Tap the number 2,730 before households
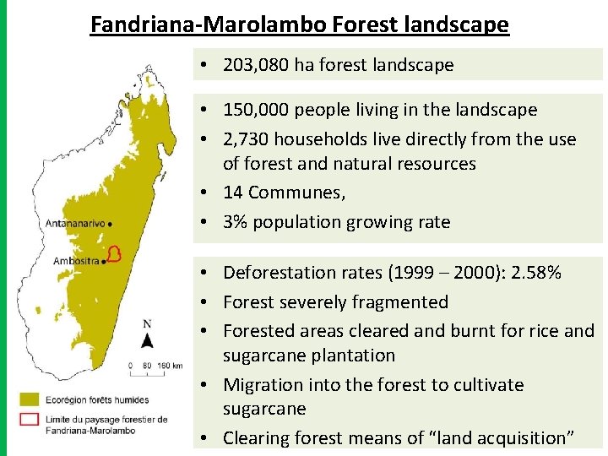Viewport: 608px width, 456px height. point(248,138)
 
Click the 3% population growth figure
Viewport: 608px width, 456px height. point(235,222)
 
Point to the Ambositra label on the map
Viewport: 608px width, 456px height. point(73,261)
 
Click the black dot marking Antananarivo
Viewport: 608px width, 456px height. point(111,224)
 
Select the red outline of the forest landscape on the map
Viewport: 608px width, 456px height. point(115,253)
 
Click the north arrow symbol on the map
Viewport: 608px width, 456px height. point(147,339)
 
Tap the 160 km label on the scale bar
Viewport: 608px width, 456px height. point(171,365)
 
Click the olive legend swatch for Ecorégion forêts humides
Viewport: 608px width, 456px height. point(30,398)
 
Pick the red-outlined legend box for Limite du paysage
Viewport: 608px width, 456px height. point(30,420)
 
